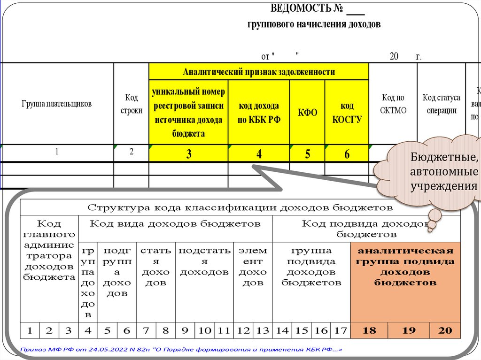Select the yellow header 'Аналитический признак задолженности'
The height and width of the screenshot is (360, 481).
259,72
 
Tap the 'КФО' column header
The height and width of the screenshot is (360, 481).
307,113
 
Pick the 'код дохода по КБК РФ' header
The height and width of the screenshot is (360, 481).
259,113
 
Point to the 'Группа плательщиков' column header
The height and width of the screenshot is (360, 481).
56,104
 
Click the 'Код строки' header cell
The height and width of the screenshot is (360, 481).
131,104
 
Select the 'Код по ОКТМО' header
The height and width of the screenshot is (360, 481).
393,104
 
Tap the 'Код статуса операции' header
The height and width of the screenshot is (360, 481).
441,104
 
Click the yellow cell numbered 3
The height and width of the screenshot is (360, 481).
188,154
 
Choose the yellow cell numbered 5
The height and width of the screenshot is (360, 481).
307,154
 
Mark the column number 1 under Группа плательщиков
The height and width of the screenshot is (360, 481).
56,152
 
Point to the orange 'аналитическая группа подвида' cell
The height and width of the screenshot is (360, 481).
405,266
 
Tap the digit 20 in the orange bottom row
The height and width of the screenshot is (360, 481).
444,330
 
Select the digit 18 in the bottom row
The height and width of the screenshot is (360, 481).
370,330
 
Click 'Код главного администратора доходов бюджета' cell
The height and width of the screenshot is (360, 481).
49,249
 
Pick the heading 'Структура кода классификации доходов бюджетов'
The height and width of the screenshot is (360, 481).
240,207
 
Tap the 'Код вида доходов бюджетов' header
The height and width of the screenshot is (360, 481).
175,223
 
